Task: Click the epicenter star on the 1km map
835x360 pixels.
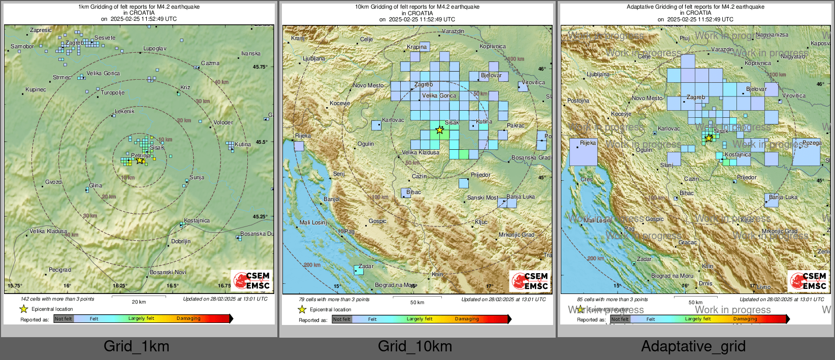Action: click(x=140, y=160)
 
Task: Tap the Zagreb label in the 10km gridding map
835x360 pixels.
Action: click(x=424, y=85)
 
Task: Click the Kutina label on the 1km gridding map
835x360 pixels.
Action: click(x=242, y=145)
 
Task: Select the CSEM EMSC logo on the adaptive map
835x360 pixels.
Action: click(x=807, y=281)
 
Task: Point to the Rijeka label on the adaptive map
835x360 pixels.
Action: click(x=588, y=143)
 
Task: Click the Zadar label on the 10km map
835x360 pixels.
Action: click(x=366, y=267)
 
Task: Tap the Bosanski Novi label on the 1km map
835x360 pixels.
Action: click(x=168, y=273)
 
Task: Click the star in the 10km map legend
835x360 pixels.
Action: click(x=302, y=310)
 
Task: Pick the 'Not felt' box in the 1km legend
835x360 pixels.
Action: click(x=63, y=319)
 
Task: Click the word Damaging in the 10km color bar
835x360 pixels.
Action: click(x=466, y=319)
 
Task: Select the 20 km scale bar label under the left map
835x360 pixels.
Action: click(x=139, y=302)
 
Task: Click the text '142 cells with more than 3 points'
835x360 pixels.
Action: click(x=57, y=299)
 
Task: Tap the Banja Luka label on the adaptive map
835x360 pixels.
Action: click(x=783, y=198)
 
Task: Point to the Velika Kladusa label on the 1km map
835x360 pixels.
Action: click(x=48, y=232)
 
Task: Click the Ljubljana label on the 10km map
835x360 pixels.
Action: click(x=313, y=59)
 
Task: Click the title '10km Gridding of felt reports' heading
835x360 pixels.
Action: click(x=417, y=7)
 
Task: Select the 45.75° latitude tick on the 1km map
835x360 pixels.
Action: click(x=260, y=67)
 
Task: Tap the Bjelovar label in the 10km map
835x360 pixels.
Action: click(x=491, y=76)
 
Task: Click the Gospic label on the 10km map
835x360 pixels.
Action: click(x=377, y=221)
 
